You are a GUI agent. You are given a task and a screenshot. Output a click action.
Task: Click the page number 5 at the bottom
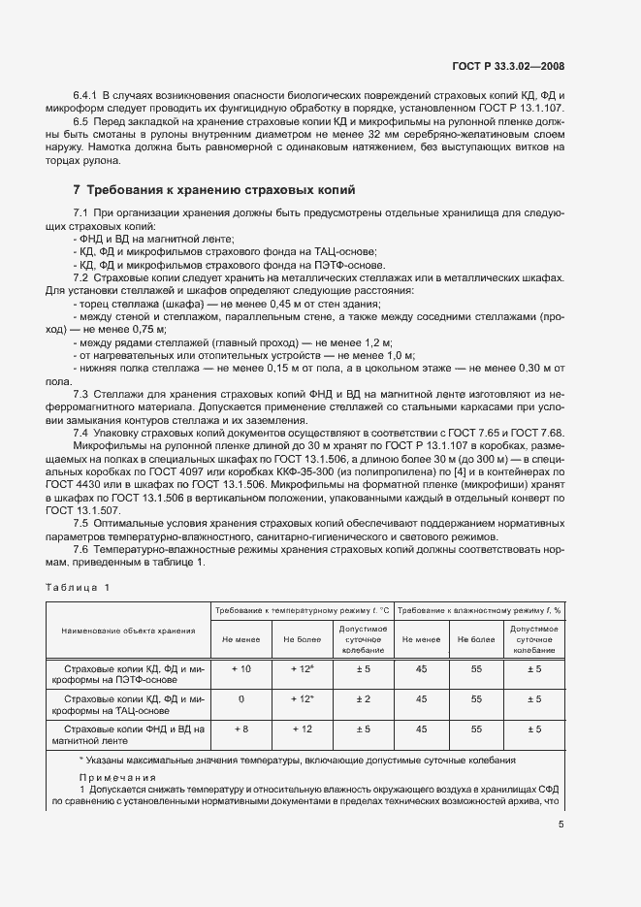tap(561, 825)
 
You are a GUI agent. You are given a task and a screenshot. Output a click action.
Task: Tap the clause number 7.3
tap(82, 393)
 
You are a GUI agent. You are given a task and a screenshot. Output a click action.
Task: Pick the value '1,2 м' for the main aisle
tap(370, 343)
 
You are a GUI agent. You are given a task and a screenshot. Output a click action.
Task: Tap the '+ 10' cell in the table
tap(242, 670)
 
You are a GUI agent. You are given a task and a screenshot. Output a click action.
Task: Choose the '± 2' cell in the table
tap(363, 698)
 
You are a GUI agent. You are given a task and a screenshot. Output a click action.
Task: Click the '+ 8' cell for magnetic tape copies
tap(242, 728)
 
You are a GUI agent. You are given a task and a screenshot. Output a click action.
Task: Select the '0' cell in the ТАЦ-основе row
tap(242, 698)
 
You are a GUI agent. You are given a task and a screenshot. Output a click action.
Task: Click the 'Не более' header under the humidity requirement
tap(476, 639)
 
